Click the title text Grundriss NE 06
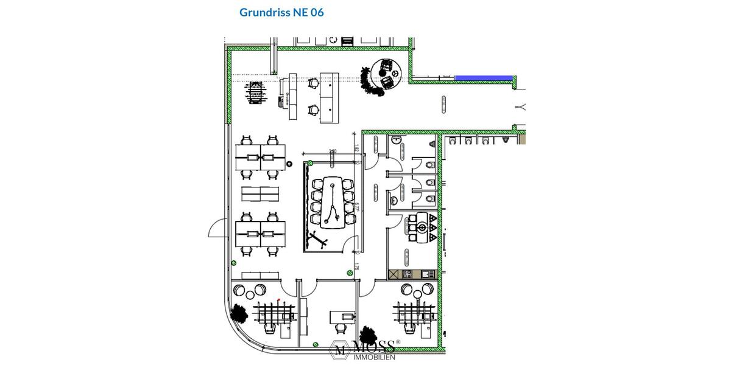281,12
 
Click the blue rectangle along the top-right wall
483,78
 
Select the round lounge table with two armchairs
386,73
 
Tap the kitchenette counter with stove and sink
412,274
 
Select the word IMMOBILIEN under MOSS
375,357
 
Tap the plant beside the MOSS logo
368,335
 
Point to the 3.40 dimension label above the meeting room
332,151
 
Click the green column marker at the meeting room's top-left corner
309,162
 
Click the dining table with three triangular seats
420,227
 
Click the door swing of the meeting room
350,245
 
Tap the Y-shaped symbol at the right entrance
521,108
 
